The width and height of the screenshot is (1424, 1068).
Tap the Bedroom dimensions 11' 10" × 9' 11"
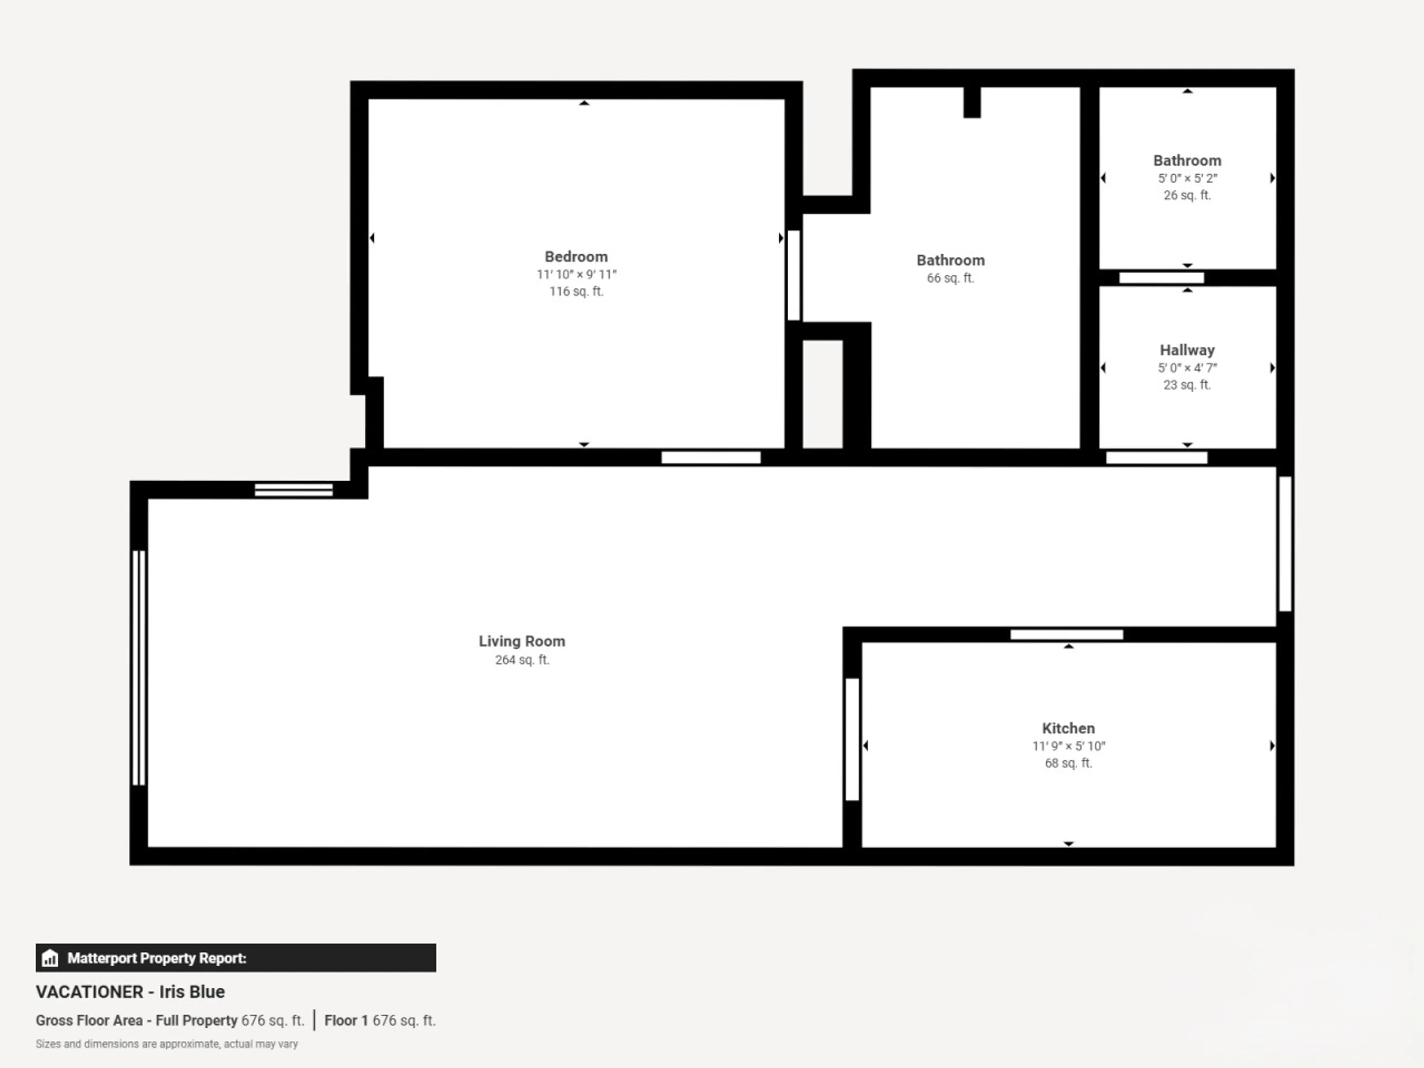[x=577, y=274]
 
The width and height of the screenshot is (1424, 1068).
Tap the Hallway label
[x=1187, y=350]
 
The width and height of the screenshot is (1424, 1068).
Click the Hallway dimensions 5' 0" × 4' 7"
[x=1187, y=367]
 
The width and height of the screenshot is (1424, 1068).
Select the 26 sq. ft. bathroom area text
[x=1187, y=195]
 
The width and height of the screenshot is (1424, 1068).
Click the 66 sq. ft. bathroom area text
[x=950, y=278]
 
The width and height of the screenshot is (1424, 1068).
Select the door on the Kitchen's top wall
[x=1067, y=635]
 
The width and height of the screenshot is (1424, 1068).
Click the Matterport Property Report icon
[x=50, y=959]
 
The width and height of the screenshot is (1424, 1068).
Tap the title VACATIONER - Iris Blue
[x=130, y=992]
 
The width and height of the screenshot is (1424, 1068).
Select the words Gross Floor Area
[x=89, y=1021]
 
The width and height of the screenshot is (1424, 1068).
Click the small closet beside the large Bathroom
[x=822, y=394]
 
